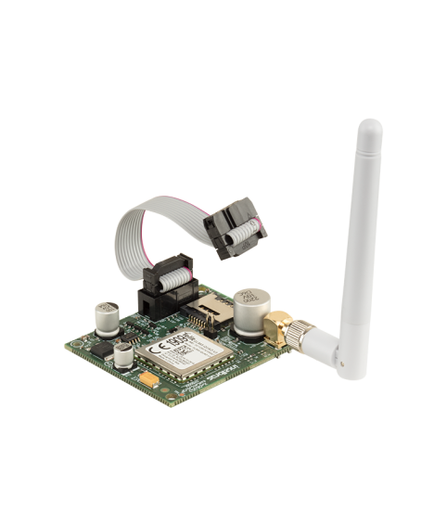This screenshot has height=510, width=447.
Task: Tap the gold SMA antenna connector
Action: (x=277, y=325)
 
